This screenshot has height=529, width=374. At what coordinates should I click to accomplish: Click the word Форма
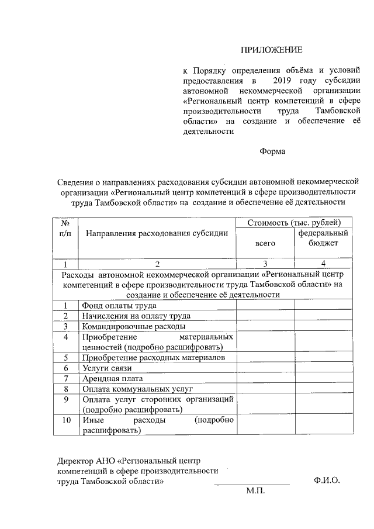pyautogui.click(x=272, y=151)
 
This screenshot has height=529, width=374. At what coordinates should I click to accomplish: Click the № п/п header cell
pyautogui.click(x=65, y=228)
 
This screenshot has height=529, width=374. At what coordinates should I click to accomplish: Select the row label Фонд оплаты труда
pyautogui.click(x=119, y=305)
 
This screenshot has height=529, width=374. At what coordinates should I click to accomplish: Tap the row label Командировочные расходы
pyautogui.click(x=134, y=326)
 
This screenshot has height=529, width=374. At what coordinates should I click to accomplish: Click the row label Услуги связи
pyautogui.click(x=107, y=368)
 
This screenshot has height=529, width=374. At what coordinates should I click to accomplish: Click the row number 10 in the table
pyautogui.click(x=66, y=420)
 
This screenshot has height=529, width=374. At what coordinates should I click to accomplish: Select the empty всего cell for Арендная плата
pyautogui.click(x=265, y=378)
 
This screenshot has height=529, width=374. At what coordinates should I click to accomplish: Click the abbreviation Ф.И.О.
pyautogui.click(x=326, y=480)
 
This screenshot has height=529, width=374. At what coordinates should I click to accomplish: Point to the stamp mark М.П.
pyautogui.click(x=255, y=492)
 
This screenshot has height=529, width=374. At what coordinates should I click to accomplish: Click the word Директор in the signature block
pyautogui.click(x=74, y=459)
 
